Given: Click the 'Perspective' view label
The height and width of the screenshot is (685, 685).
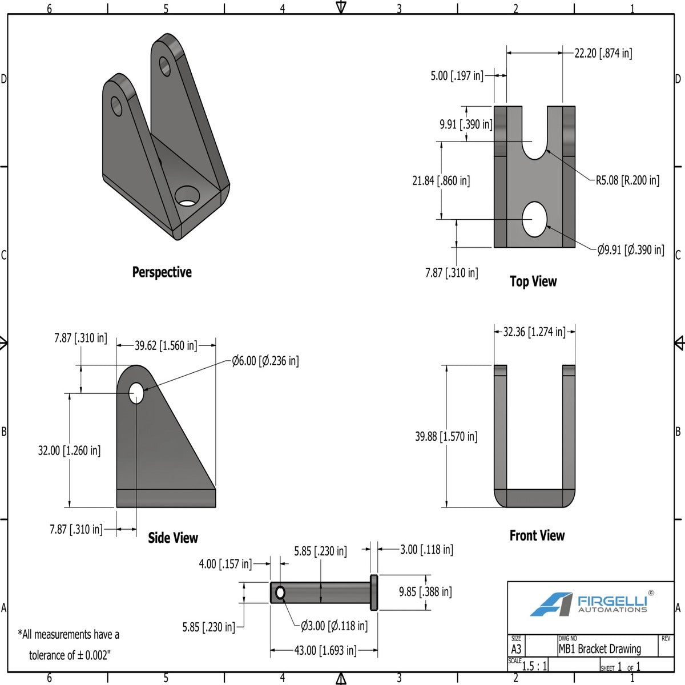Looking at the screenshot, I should pos(162,272).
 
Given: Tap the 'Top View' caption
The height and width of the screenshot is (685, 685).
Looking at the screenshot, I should pos(533,281).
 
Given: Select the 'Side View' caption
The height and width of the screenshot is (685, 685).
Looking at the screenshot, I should pos(173,538).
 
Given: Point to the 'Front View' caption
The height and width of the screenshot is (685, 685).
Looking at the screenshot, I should pos(537,535).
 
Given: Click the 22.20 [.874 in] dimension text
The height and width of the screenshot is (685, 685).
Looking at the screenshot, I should pos(603,53).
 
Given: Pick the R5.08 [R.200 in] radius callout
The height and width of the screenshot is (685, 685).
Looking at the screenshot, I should pos(627,180).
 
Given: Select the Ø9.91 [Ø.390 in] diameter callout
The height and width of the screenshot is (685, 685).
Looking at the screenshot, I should pos(631,249).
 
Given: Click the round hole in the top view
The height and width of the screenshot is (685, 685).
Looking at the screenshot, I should pos(535,219).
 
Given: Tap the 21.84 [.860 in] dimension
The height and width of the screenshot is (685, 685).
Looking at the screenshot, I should pos(441,181).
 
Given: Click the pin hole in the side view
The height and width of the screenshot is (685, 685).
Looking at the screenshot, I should pos(136,393).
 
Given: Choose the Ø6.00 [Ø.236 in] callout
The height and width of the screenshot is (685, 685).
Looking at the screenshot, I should pos(265,361).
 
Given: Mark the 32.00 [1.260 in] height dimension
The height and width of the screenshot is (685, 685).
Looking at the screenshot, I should pos(69,450).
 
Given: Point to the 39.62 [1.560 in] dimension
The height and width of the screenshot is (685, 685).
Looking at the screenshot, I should pos(166,345).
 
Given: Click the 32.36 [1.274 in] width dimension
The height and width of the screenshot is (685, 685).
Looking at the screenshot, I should pos(534,332).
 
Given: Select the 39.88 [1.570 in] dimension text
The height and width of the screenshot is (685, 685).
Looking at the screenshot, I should pos(446,437).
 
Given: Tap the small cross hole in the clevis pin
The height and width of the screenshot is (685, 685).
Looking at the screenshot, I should pos(280,593).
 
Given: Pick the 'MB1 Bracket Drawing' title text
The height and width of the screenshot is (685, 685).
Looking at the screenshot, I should pos(599,649).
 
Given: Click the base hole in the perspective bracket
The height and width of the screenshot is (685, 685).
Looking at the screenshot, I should pos(186,196).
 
